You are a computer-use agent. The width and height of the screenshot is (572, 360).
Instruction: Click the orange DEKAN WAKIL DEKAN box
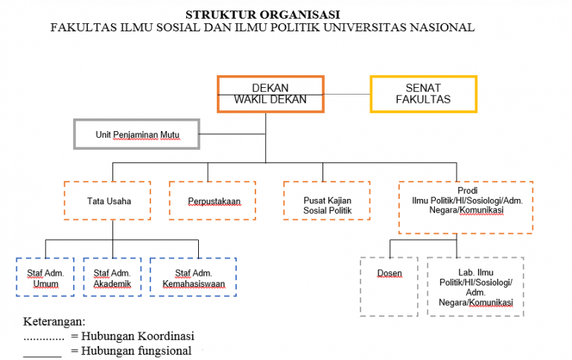click(x=270, y=94)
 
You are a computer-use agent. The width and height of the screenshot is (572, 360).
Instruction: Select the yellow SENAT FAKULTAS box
click(x=423, y=94)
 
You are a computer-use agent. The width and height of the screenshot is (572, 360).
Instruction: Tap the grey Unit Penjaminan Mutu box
click(x=137, y=135)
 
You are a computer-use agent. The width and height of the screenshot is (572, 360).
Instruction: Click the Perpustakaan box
click(x=212, y=200)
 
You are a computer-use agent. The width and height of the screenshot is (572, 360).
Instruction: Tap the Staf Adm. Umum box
click(x=45, y=278)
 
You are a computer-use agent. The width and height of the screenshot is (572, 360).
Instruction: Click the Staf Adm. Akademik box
click(x=112, y=278)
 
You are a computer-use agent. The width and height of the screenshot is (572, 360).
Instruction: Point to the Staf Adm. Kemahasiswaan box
click(x=193, y=278)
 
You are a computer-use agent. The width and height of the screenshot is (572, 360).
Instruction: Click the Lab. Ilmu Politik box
click(x=475, y=287)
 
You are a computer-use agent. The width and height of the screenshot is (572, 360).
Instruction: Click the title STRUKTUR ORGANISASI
click(x=262, y=14)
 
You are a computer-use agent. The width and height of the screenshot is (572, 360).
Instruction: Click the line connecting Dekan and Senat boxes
click(x=347, y=94)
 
